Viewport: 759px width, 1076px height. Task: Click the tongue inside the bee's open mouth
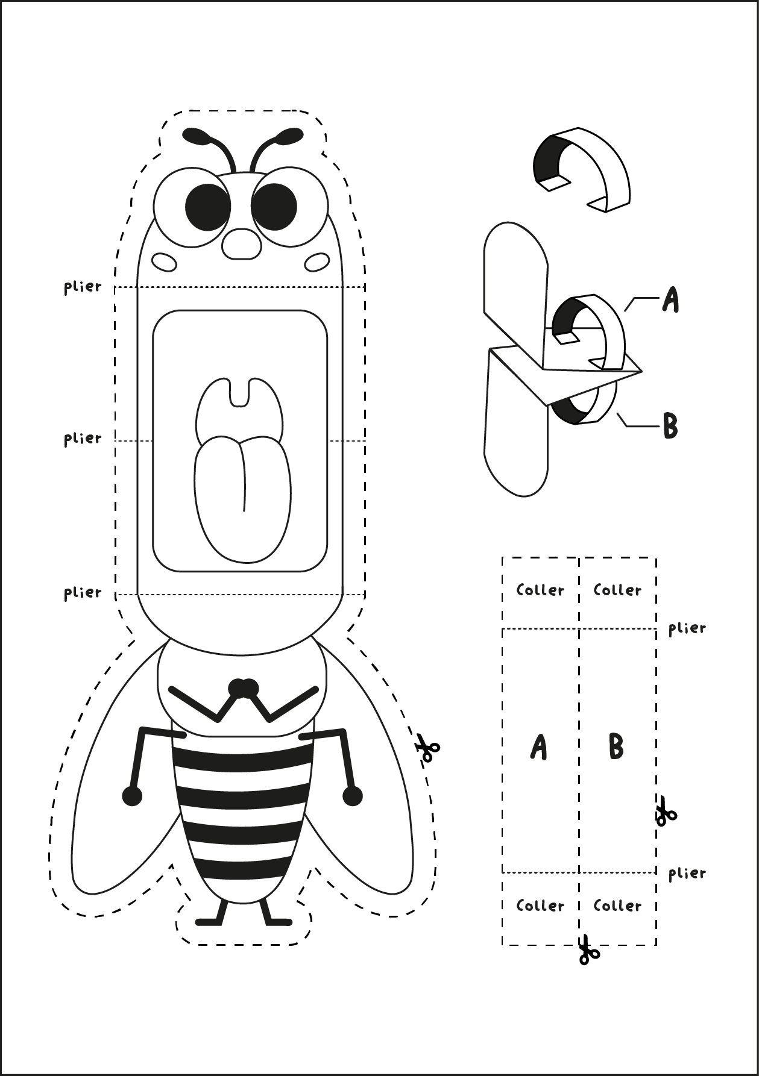(242, 494)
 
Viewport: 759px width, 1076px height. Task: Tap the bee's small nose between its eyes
(242, 244)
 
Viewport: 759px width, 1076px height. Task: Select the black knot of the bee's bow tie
(244, 687)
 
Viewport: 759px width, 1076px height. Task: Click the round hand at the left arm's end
(132, 796)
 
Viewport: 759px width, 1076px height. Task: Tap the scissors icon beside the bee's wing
(427, 748)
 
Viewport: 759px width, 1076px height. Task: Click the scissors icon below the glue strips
(588, 950)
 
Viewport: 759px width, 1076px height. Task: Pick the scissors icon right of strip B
(665, 811)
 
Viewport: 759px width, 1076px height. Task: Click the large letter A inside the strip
(538, 747)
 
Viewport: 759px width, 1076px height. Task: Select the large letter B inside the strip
(616, 747)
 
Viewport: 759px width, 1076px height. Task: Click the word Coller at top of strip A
(540, 590)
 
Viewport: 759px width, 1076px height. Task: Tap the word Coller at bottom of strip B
(617, 906)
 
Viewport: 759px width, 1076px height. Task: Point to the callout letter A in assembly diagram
(670, 299)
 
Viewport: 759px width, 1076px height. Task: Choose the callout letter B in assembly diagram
(670, 426)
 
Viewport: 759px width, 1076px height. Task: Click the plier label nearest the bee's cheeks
(83, 287)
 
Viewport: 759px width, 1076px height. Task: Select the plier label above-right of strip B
(687, 628)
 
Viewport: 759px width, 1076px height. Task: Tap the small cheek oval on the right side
(317, 262)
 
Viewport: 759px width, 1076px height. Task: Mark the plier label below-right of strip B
(687, 873)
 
